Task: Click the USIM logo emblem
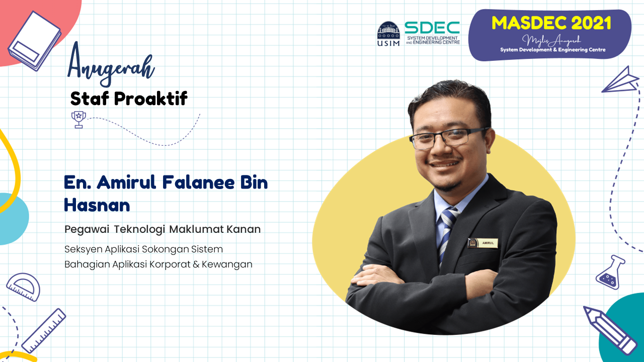pos(388,34)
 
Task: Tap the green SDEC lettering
pos(432,28)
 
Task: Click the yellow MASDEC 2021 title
pos(551,23)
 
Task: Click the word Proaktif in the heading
pos(150,98)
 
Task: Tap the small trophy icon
pos(78,120)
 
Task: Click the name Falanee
pos(198,182)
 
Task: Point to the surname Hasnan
pos(97,205)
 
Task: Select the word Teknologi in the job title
pos(139,230)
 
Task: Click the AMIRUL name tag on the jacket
pos(482,243)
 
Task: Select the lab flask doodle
pos(610,272)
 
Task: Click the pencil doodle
pos(609,330)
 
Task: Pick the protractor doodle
pos(23,287)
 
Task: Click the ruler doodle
pos(44,331)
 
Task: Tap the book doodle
pos(35,41)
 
